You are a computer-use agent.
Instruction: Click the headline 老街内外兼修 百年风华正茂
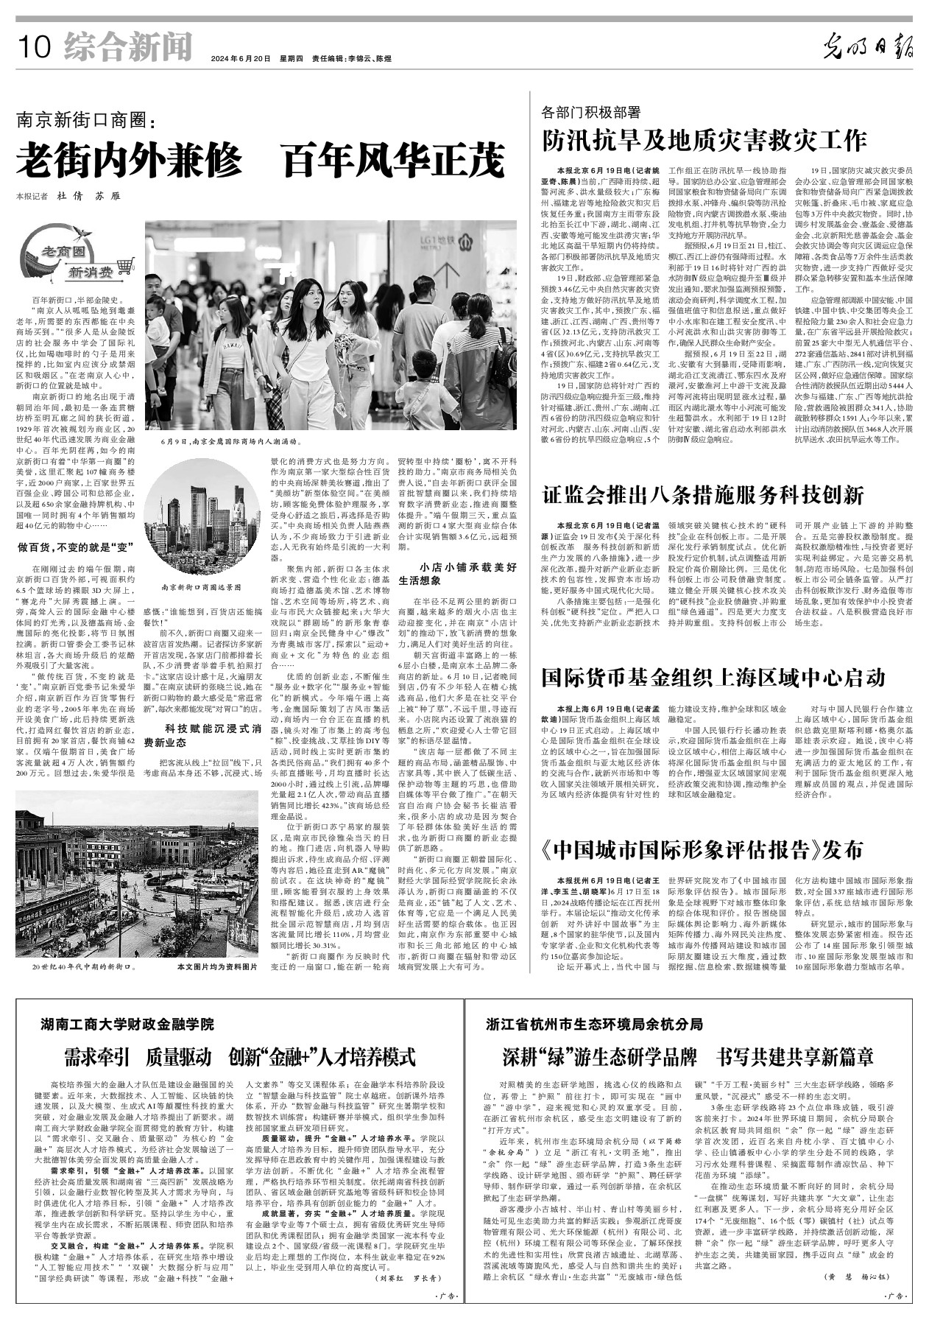click(x=261, y=161)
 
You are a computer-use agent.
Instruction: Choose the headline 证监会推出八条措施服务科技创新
click(x=703, y=495)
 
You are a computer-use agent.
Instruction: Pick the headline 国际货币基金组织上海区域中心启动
click(x=713, y=677)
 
